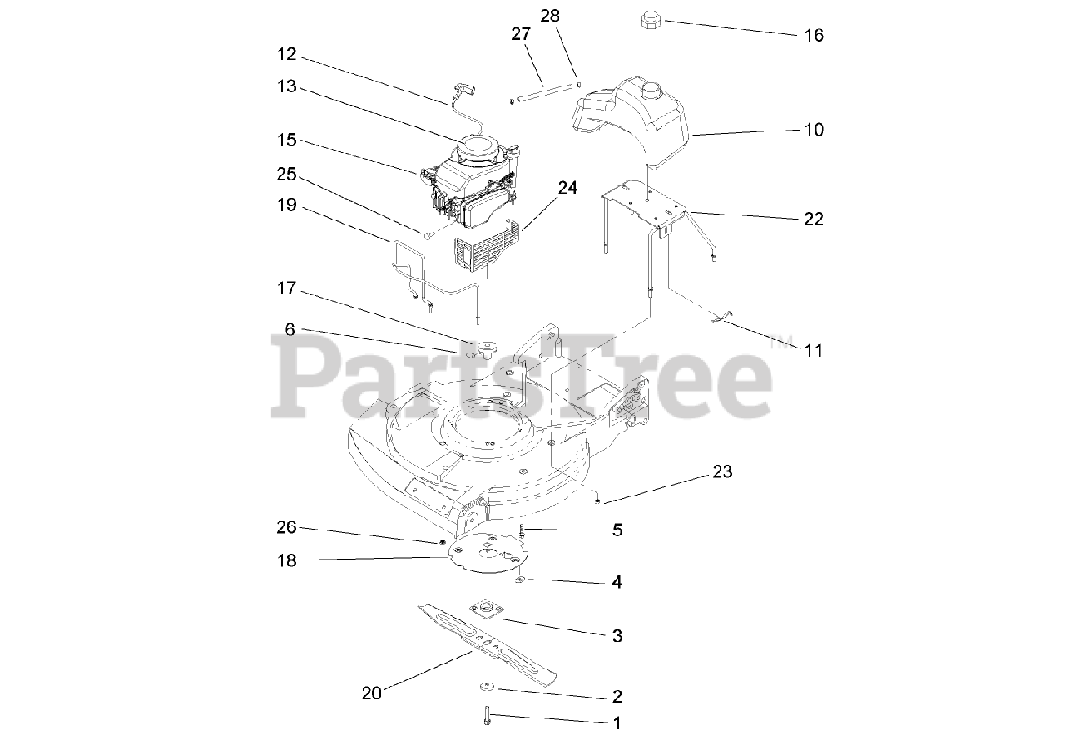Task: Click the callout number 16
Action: (813, 35)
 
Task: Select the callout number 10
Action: (813, 130)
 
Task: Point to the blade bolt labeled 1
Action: (488, 715)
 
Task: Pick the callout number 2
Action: (617, 696)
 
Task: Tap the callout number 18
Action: (286, 560)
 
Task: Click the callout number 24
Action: (567, 188)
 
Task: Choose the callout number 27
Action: (521, 33)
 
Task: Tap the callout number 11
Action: (813, 350)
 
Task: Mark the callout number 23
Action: (722, 471)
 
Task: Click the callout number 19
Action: (286, 204)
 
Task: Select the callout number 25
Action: (286, 175)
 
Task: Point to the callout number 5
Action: (617, 530)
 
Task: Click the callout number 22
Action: (813, 219)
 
